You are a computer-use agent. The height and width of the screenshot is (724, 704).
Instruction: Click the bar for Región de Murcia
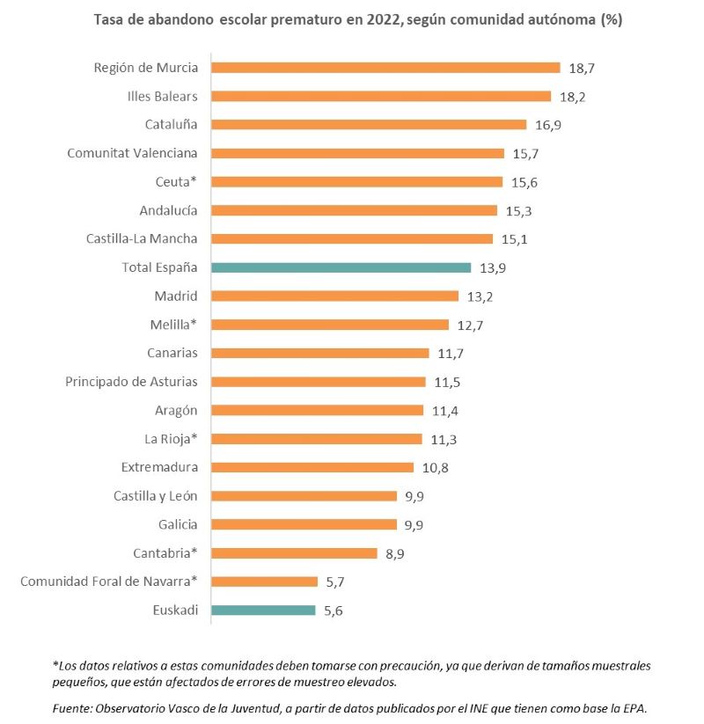(x=385, y=68)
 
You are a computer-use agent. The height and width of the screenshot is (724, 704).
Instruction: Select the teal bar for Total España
(x=341, y=267)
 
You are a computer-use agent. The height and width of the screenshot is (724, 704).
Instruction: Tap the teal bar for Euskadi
(x=263, y=610)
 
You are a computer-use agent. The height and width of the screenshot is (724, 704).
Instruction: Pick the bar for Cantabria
(x=295, y=553)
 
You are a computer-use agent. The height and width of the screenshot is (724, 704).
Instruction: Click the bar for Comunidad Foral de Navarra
(x=265, y=581)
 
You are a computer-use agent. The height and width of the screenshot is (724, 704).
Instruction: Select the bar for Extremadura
(x=312, y=467)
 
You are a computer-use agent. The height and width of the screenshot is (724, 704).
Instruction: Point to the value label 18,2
(x=571, y=97)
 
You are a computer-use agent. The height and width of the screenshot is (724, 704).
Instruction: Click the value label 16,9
(x=547, y=125)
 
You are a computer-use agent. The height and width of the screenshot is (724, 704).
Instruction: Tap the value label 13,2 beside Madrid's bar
(x=480, y=296)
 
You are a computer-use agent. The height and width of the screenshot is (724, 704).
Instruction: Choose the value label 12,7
(x=470, y=325)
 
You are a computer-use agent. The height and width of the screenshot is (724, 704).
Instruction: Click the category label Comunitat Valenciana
(x=132, y=153)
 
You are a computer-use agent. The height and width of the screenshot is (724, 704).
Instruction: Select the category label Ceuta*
(x=176, y=182)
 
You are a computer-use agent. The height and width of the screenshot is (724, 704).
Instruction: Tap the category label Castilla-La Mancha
(x=142, y=238)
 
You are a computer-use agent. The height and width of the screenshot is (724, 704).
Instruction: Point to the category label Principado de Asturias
(x=131, y=382)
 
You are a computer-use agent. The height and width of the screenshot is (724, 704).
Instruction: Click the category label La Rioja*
(x=171, y=438)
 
